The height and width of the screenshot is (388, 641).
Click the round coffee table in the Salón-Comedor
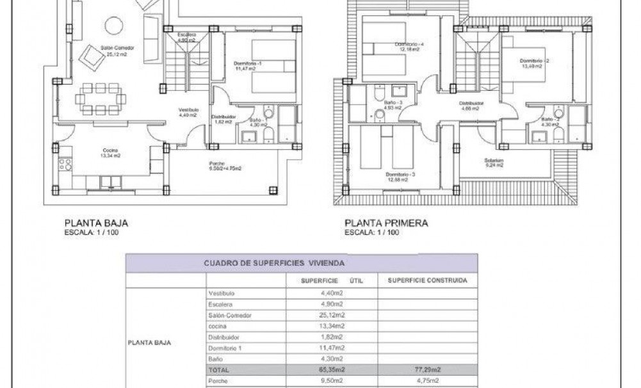[114, 26]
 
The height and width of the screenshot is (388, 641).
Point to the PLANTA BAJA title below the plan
[97, 223]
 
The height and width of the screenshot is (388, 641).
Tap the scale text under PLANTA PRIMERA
[372, 232]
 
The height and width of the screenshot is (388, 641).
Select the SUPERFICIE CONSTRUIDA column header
[427, 280]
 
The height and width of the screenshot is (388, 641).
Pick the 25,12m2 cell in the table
[332, 315]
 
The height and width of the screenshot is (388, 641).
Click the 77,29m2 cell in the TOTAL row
[427, 369]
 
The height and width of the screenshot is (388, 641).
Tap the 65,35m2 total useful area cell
[332, 369]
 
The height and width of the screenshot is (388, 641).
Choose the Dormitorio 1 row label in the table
[226, 348]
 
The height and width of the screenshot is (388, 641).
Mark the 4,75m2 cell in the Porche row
[427, 381]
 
